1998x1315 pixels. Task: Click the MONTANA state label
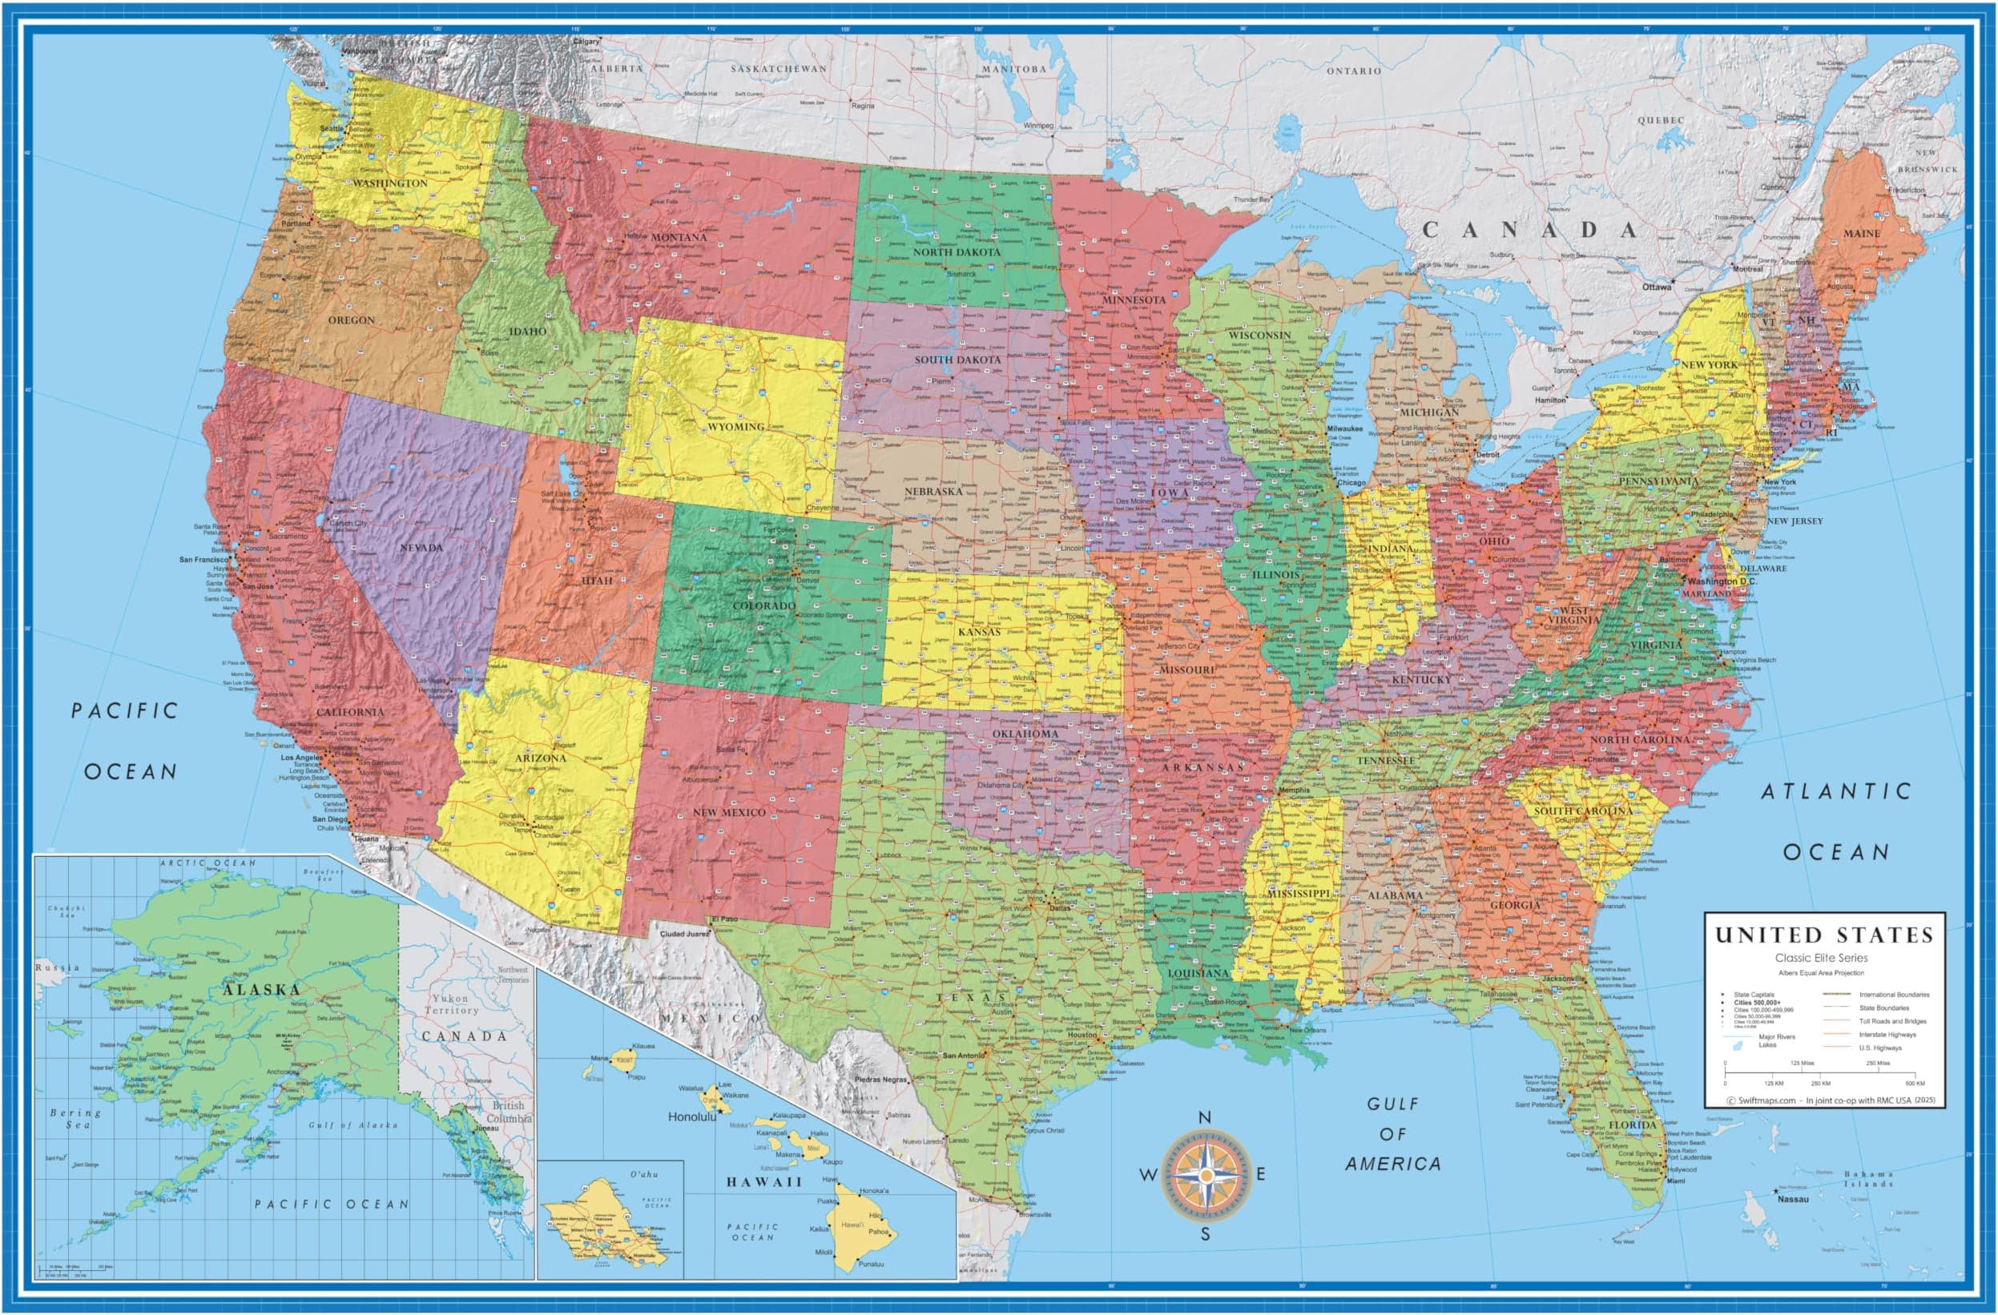click(679, 238)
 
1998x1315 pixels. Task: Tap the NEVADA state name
click(421, 548)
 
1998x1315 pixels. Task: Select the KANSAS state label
click(979, 632)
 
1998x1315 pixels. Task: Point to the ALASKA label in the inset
click(261, 990)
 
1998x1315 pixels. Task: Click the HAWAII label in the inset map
click(764, 1181)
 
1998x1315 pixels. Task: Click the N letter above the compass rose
click(1204, 1118)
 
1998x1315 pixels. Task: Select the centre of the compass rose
click(1205, 1176)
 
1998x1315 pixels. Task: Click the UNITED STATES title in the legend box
click(1823, 935)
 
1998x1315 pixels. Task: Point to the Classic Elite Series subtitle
click(1819, 958)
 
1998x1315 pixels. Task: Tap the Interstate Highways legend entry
click(1887, 1035)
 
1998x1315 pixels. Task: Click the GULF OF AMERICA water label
click(1392, 1134)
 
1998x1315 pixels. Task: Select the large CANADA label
click(1529, 230)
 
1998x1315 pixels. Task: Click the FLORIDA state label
click(1633, 1124)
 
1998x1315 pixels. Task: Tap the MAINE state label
click(1861, 233)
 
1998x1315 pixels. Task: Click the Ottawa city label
click(1658, 287)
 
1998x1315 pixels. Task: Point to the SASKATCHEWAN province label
click(777, 69)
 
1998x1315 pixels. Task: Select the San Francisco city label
click(203, 560)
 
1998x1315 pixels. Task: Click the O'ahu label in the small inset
click(644, 1174)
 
